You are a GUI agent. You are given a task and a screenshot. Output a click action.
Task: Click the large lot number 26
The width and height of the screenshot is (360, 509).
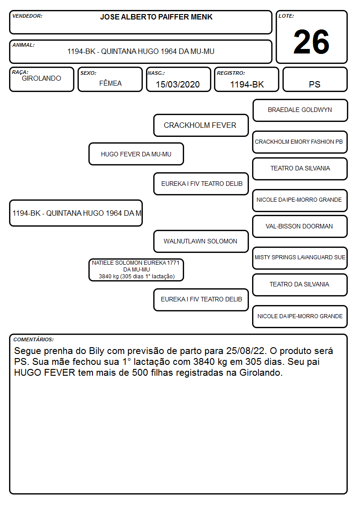[311, 42]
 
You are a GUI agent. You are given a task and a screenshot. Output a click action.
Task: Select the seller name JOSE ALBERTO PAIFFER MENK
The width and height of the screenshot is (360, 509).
[156, 17]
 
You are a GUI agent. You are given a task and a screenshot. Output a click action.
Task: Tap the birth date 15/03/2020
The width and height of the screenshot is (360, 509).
[178, 84]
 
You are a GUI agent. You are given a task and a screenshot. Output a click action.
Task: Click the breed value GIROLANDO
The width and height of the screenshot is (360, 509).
[41, 78]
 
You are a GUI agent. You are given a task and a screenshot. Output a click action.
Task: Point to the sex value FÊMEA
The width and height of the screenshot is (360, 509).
[110, 83]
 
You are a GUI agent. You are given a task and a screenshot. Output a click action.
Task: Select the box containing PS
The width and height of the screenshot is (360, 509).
[315, 79]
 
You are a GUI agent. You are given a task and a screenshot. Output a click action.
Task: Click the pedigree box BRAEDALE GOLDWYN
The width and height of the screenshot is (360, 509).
[300, 111]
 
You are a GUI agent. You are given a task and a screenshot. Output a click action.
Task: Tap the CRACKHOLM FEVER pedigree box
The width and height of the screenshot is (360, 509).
[201, 125]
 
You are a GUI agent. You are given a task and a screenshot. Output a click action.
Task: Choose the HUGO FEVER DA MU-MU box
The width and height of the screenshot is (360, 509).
[136, 154]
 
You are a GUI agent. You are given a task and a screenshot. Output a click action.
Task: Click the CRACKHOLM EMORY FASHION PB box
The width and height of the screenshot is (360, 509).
[300, 142]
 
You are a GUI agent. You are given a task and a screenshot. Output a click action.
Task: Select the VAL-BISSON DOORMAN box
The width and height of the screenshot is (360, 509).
[300, 227]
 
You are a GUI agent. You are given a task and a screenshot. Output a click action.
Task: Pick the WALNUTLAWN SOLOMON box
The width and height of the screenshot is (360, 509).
[201, 241]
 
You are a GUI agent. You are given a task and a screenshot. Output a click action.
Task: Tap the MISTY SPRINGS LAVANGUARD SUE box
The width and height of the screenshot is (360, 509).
[300, 258]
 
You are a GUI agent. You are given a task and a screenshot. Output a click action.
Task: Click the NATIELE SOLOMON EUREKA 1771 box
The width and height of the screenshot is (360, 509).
[136, 270]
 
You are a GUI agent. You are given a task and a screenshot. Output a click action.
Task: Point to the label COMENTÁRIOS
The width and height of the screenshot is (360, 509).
[34, 339]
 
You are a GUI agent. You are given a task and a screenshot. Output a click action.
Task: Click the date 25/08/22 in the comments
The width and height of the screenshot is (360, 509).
[246, 351]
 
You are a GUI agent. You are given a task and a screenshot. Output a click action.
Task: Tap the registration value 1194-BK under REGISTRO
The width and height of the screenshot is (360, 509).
[247, 84]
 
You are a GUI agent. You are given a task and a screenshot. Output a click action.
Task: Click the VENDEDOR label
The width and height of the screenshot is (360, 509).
[27, 16]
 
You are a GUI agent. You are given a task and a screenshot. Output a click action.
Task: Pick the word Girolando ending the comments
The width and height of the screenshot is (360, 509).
[261, 373]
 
